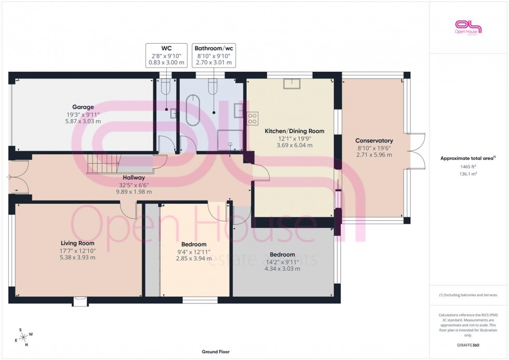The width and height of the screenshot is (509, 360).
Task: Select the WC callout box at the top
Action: pos(166,55)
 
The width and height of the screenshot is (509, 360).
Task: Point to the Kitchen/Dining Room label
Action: pos(294,131)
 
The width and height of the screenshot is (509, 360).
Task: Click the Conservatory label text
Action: pos(373,141)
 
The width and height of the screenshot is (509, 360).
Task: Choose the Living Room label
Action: pos(77,243)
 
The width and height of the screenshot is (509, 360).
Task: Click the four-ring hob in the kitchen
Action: pos(253,118)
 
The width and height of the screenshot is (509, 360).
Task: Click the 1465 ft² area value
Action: pos(468,167)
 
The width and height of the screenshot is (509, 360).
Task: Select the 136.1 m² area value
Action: pos(468,174)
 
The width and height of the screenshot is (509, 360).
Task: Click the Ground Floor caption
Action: pos(216,352)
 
